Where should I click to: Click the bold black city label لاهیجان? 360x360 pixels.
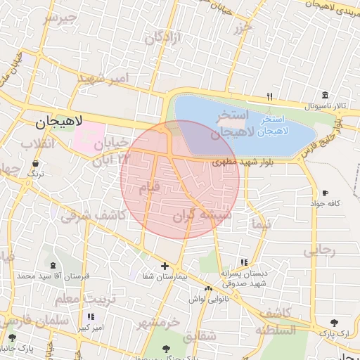point(60,122)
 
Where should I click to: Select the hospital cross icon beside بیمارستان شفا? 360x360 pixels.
point(165,266)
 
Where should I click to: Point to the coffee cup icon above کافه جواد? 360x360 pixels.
point(325,193)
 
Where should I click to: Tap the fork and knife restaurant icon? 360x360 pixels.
point(269,97)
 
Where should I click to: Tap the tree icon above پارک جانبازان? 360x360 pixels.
point(12,338)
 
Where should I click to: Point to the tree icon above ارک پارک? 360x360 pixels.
point(334,323)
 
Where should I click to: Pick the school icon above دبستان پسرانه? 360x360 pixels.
point(244,262)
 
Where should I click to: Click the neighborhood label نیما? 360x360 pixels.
point(259,225)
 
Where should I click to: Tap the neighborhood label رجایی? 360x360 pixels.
point(320,250)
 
